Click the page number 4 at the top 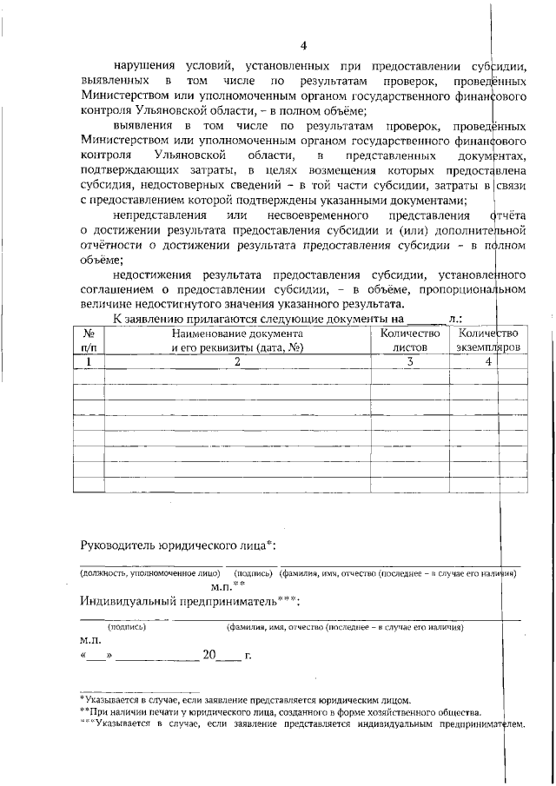pos(303,45)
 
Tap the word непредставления pos(160,215)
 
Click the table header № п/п pos(88,340)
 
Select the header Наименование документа pos(237,334)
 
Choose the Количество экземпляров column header pos(488,340)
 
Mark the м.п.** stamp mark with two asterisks pos(227,586)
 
